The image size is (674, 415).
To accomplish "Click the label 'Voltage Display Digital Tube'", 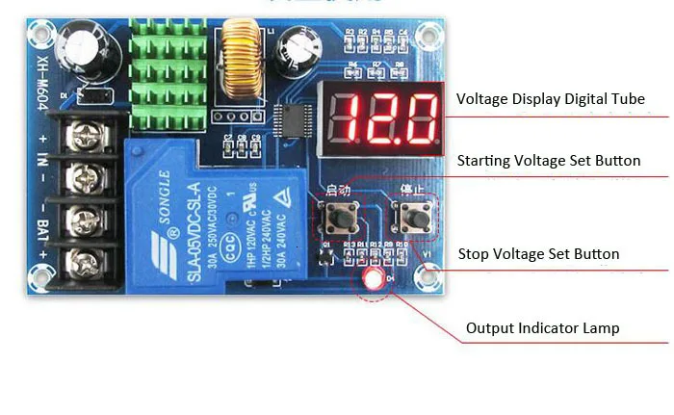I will click(550, 99).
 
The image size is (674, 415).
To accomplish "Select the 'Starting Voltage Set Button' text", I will click(548, 161).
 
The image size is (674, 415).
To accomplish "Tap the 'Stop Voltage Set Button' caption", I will click(537, 254).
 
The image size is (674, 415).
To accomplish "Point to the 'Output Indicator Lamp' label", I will click(542, 328).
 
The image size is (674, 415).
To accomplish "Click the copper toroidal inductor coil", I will click(240, 69).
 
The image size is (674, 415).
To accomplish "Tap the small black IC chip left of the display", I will click(288, 121).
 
